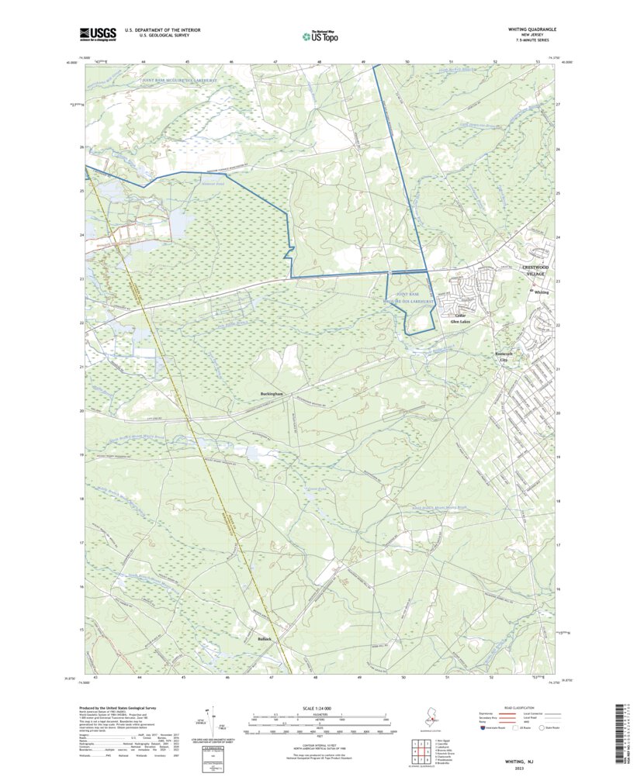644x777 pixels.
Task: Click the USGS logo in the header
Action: (97, 33)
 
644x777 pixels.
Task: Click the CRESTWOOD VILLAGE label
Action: (534, 271)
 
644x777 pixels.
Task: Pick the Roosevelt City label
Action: (506, 357)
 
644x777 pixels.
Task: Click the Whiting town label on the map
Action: (541, 292)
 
